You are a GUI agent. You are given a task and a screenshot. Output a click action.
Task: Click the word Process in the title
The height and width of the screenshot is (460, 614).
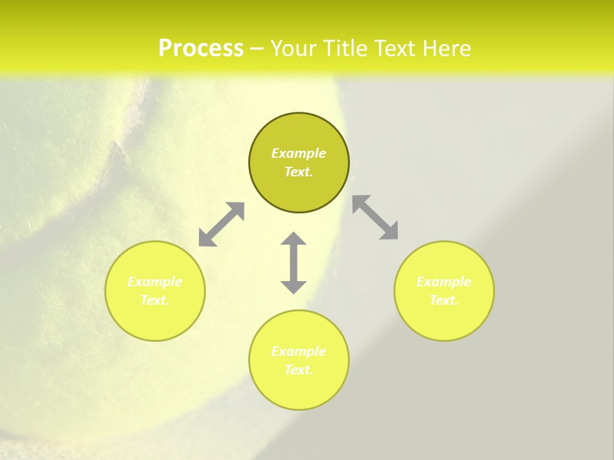(201, 49)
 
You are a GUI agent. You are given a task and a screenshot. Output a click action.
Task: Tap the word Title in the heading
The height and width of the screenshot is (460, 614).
(347, 49)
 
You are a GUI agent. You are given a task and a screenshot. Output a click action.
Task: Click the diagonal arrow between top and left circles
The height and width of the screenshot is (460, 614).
(221, 224)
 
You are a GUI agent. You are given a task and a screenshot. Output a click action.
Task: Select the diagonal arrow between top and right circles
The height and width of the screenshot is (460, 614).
(375, 217)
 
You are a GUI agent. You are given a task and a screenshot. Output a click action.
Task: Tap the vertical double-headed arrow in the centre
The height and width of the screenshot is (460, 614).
(294, 263)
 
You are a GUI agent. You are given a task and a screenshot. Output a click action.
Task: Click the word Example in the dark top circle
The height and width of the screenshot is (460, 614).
(299, 153)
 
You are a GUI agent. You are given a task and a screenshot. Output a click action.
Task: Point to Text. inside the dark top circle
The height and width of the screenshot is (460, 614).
(299, 172)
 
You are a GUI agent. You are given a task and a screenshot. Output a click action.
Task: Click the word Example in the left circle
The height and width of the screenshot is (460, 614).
(155, 282)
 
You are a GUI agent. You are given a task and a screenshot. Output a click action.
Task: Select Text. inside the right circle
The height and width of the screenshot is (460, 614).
(444, 300)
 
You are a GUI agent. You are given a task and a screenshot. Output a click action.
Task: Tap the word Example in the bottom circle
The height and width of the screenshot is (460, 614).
(299, 351)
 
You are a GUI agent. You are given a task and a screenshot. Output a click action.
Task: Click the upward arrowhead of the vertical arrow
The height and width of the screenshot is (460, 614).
(294, 240)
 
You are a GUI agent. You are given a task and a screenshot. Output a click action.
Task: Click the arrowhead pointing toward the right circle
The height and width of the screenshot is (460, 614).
(390, 231)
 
